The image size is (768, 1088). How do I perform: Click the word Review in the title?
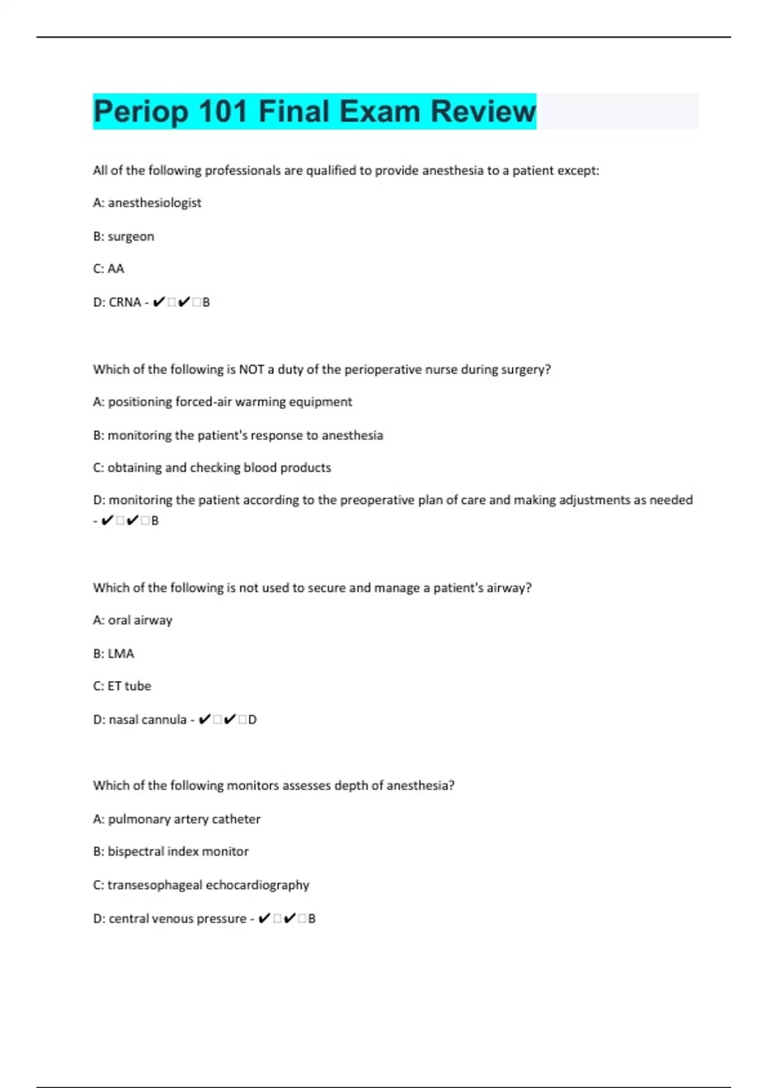(x=483, y=111)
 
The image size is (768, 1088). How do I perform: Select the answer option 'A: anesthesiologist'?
(x=147, y=203)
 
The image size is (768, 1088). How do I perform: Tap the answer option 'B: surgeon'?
(x=124, y=236)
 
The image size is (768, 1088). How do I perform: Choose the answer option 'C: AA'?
(x=109, y=269)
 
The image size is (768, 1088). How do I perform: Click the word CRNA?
(x=125, y=302)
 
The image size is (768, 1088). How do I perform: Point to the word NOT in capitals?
(x=252, y=369)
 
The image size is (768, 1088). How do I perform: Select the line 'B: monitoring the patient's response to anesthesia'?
(x=238, y=435)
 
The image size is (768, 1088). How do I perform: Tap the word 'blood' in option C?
(x=260, y=468)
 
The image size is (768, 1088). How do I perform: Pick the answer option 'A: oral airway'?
(x=132, y=620)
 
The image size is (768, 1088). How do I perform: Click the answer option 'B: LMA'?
(x=114, y=653)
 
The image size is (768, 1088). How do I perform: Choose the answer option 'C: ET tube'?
(x=122, y=686)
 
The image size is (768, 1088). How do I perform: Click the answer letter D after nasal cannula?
(x=252, y=719)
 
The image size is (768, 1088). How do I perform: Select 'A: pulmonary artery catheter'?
(x=177, y=819)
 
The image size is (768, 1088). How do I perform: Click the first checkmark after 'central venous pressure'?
(x=264, y=918)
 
